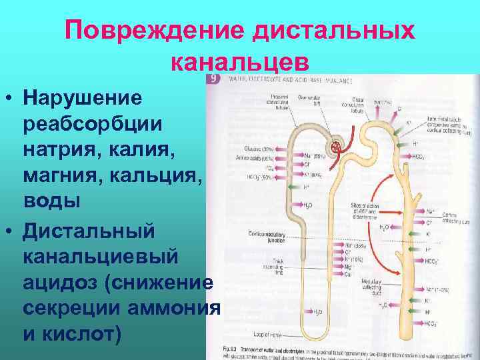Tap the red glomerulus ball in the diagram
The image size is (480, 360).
click(335, 145)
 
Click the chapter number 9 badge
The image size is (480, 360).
click(213, 78)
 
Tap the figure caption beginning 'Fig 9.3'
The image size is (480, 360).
click(333, 351)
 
